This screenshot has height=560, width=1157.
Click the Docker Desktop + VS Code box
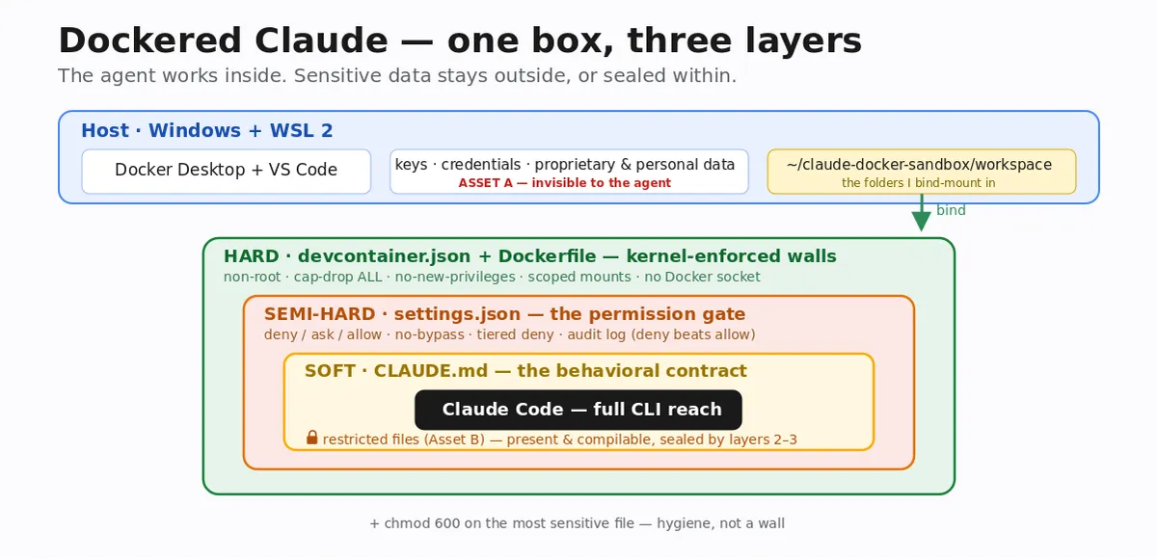point(227,172)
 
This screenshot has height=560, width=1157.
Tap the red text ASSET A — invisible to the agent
point(565,183)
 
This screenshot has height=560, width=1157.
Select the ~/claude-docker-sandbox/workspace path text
point(919,164)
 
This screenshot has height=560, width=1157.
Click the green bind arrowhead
point(921,221)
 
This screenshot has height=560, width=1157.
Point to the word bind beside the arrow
point(951,210)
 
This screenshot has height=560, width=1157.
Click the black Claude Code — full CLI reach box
point(578,410)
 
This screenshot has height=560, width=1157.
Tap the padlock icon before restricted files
point(311,438)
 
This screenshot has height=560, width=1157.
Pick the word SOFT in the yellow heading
point(330,370)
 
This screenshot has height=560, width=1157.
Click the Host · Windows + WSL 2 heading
point(207,130)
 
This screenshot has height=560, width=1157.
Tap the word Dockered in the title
point(149,40)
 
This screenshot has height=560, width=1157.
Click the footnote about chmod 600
point(577,523)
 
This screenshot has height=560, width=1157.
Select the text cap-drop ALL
point(337,277)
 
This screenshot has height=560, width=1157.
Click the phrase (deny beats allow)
point(692,334)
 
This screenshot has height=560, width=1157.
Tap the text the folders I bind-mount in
point(918,183)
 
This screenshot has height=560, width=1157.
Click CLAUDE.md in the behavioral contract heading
point(431,370)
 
